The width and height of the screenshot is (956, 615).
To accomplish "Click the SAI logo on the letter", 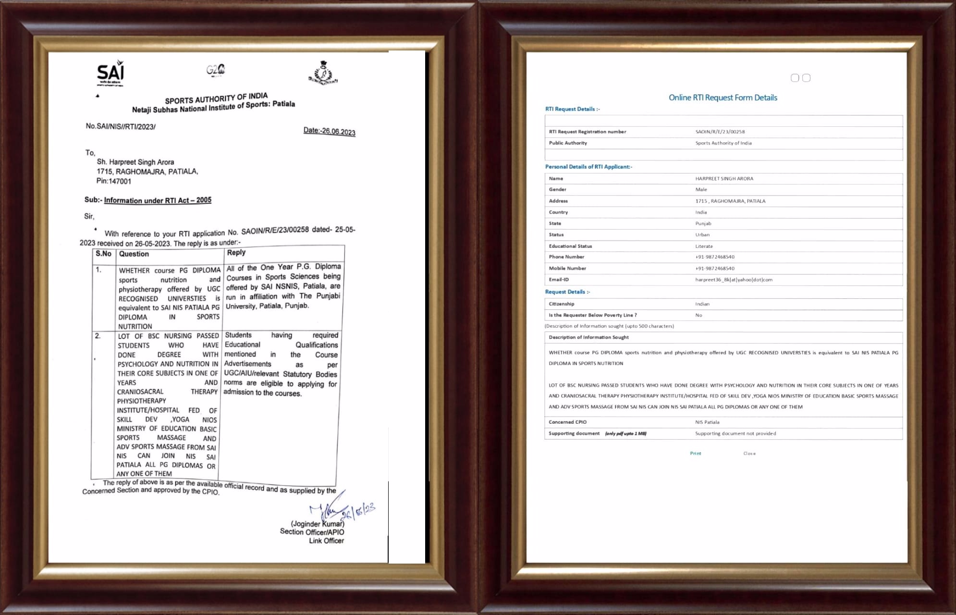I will coord(110,74).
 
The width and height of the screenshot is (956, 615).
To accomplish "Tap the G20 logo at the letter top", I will coord(216,70).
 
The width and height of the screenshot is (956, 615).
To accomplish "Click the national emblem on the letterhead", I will coord(323,74).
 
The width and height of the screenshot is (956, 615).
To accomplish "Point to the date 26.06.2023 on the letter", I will coord(329,131).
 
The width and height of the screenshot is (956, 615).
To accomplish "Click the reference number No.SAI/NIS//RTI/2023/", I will coord(121,126).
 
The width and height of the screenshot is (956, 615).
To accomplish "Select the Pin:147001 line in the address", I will coord(113,181).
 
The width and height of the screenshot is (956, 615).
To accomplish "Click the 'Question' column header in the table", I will coord(134,254).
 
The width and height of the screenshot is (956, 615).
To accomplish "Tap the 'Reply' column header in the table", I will coord(236,253).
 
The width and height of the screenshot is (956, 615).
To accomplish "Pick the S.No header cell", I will coord(103,254).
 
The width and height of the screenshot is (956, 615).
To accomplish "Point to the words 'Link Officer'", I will coord(326,541).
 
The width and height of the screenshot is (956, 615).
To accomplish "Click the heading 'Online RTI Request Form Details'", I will coord(723,98).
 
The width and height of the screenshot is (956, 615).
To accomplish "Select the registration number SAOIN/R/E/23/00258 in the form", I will coord(720,132).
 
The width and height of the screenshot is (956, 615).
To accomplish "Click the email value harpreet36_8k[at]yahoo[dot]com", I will coord(734,280).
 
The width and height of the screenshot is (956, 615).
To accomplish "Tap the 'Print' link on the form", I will coord(695,454).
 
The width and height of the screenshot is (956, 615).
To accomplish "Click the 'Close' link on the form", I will coord(749,454).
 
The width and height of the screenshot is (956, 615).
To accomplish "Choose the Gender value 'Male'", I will coord(701,189).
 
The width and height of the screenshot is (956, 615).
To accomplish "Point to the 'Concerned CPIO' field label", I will coord(567,422).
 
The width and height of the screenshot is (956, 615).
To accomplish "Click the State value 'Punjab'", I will coord(703,223).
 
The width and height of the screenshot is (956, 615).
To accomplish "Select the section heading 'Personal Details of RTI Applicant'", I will coord(588,167).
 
